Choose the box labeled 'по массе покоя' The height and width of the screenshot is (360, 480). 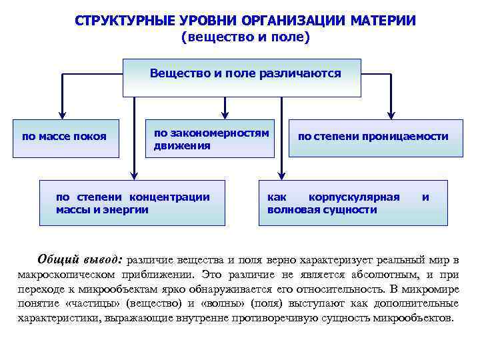point(65,138)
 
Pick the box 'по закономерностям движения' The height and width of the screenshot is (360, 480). point(210,139)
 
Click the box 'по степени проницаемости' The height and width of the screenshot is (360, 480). point(375,138)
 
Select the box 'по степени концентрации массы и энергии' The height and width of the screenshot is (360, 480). point(134,203)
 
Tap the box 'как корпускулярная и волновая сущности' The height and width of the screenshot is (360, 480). point(353,203)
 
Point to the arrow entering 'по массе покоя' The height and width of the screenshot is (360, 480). point(63,114)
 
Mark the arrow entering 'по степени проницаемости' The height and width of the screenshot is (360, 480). point(391,114)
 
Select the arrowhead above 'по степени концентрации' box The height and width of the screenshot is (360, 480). point(134,175)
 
